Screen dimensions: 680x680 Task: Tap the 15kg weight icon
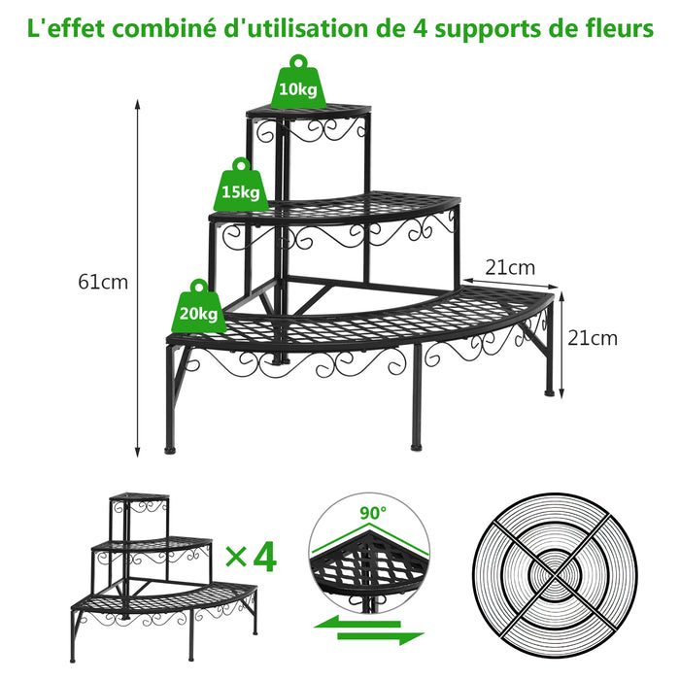point(241,186)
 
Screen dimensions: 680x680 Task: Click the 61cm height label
point(103,283)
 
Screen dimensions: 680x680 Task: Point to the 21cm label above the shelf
point(510,267)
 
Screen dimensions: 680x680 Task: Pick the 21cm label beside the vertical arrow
point(593,338)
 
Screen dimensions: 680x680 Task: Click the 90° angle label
point(373,513)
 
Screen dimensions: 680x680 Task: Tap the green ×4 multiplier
point(251,557)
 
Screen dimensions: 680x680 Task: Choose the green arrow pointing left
point(357,624)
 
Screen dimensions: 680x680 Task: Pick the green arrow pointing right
point(381,637)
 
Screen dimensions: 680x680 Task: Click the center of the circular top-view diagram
point(555,575)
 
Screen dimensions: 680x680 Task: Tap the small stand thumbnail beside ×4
point(164,578)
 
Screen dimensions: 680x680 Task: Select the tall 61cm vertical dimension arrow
point(138,279)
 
